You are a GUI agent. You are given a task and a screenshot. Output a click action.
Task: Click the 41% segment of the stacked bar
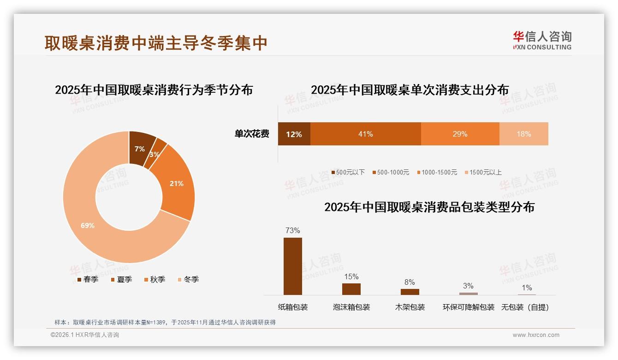click(365, 134)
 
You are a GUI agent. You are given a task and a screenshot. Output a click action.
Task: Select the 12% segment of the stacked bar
click(294, 134)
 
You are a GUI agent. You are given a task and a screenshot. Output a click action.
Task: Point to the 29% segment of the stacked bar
click(460, 134)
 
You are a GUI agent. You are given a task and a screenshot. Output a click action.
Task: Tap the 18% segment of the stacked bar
click(523, 134)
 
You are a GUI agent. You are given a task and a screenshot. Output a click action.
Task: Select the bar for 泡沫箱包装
click(351, 289)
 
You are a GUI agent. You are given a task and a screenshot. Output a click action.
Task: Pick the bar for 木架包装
click(410, 292)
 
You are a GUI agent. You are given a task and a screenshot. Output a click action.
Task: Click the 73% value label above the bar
click(292, 230)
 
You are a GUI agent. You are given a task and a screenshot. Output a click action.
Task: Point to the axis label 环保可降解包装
click(468, 307)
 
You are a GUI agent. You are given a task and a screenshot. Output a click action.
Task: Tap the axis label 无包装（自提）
click(525, 307)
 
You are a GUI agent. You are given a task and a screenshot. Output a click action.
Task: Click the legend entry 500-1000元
click(392, 172)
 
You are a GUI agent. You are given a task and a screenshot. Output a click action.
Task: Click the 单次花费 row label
click(252, 134)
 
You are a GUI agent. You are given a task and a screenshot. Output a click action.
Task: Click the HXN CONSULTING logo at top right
click(542, 40)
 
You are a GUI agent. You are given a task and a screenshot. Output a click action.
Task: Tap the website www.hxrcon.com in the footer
click(536, 335)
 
